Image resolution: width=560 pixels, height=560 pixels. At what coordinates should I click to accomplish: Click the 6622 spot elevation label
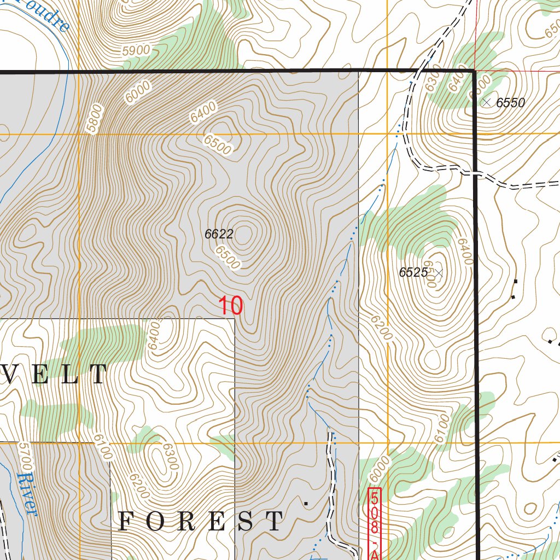(219, 235)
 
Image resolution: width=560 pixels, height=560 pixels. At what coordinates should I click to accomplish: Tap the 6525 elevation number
(413, 272)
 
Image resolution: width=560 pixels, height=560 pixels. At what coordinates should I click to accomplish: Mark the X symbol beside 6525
(438, 272)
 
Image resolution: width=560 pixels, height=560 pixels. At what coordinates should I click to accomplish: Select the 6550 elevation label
(510, 103)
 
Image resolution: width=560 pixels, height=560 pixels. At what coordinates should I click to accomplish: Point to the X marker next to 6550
(486, 102)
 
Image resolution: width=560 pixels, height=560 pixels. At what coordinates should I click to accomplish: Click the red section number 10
(231, 306)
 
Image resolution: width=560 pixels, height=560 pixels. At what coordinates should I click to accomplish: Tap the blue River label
(27, 494)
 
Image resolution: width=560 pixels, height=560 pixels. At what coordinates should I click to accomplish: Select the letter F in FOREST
(126, 521)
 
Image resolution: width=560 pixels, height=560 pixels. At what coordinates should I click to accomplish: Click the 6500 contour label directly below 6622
(227, 258)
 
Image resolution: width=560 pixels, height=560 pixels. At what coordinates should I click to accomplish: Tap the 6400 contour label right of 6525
(464, 252)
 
